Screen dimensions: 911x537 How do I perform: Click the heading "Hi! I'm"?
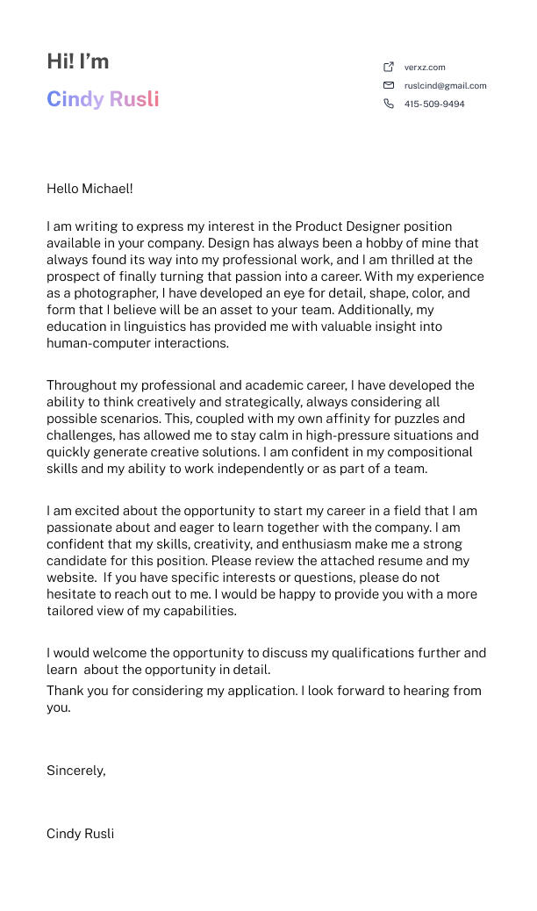[x=78, y=61]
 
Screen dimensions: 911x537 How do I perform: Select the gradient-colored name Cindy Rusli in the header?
[x=103, y=99]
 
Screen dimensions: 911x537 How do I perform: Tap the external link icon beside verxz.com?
[x=389, y=67]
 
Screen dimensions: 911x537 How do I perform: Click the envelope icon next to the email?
[x=389, y=85]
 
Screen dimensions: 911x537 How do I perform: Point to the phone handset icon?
[x=389, y=104]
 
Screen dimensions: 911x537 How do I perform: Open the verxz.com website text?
[x=425, y=67]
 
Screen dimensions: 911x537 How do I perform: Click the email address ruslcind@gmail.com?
[x=445, y=86]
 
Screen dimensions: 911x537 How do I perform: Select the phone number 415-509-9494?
[x=434, y=104]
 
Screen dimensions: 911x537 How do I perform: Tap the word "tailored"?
[x=70, y=611]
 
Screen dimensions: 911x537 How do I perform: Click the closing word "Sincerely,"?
[x=76, y=771]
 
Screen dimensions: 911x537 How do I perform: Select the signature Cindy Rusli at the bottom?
[x=80, y=834]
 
